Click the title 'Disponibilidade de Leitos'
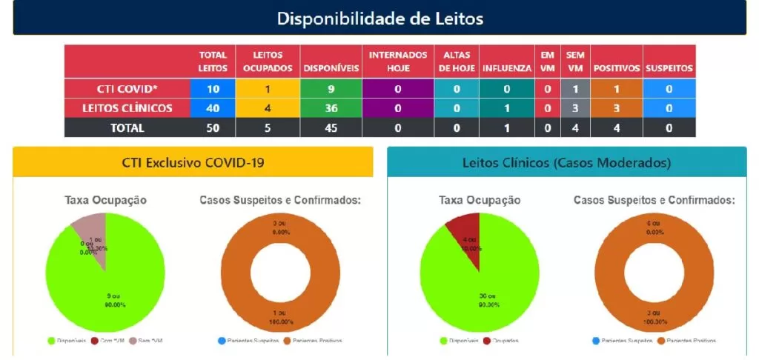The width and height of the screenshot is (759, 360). (379, 18)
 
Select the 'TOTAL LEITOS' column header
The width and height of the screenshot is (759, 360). (213, 61)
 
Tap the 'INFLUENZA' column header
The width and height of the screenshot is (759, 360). (507, 68)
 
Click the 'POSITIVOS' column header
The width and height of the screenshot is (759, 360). (616, 68)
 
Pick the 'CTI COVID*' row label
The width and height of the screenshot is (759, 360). (127, 89)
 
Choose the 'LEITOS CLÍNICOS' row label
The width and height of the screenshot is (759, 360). (127, 108)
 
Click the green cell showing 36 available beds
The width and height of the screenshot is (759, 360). (331, 108)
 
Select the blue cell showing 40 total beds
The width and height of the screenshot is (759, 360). (213, 108)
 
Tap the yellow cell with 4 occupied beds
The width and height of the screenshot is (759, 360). (268, 108)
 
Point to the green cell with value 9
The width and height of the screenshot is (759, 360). (331, 89)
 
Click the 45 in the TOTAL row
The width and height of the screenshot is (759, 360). (331, 127)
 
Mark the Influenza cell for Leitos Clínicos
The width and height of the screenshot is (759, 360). (507, 108)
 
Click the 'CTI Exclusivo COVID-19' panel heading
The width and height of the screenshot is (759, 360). (193, 162)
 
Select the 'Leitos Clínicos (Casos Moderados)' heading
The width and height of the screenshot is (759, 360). (566, 162)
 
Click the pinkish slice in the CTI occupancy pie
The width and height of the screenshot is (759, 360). (95, 230)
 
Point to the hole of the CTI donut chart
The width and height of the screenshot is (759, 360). (281, 272)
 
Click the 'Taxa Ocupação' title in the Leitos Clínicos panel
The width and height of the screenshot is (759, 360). (480, 200)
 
